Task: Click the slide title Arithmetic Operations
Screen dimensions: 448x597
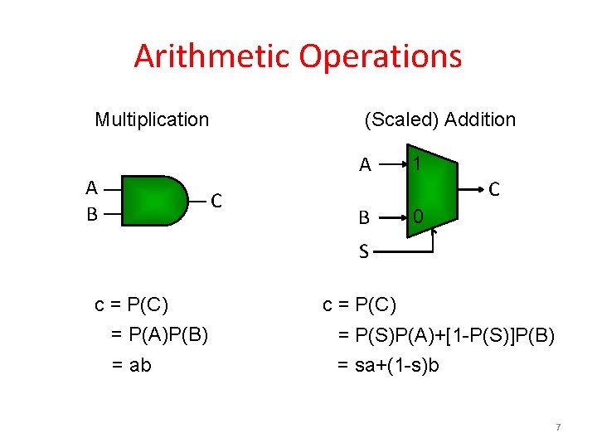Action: [x=298, y=56]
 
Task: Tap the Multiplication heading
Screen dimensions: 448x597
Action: [x=152, y=119]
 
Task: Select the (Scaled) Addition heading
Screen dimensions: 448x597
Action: [x=439, y=119]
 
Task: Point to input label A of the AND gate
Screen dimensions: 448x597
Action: [x=92, y=187]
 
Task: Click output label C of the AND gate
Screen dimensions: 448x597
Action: [x=216, y=201]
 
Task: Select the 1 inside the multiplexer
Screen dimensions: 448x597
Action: [x=419, y=164]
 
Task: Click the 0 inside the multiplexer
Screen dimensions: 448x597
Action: [x=419, y=217]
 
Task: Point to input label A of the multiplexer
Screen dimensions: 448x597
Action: [x=365, y=165]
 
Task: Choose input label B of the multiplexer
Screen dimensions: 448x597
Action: [x=363, y=218]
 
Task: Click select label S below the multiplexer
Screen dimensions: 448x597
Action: [x=363, y=250]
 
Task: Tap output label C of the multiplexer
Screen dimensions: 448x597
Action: [x=493, y=190]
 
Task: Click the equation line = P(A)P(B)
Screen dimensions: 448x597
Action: [x=159, y=334]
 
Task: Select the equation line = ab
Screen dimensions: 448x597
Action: [x=131, y=364]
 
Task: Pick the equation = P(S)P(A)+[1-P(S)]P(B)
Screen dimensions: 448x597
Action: [x=446, y=334]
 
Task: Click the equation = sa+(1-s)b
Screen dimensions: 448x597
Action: [x=388, y=364]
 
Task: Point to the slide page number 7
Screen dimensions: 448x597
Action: [x=558, y=427]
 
